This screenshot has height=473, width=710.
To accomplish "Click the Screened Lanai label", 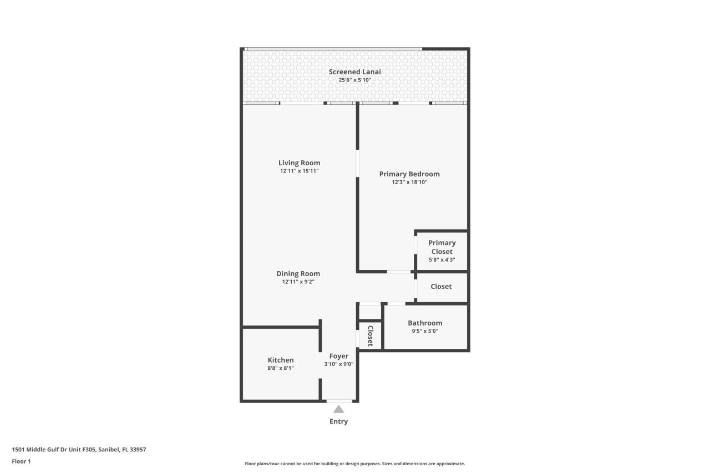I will [354, 72].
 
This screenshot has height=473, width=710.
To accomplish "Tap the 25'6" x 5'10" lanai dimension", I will [354, 80].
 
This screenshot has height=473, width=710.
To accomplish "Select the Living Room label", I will [299, 162].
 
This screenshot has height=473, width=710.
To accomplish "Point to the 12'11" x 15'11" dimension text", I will [299, 171].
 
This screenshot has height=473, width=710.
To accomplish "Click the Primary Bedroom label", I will [409, 174].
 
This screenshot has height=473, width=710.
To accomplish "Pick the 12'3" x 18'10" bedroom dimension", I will [409, 182].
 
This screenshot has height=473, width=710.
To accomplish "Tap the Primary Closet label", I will [442, 247].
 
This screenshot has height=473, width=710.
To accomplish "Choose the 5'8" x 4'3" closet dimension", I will [442, 260].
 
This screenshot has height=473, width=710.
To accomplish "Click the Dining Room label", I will [298, 273].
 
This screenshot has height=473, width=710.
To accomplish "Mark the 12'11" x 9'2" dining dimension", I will [298, 282].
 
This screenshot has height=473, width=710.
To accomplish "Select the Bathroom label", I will [425, 323].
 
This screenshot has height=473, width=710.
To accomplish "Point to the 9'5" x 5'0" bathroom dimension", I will [425, 331].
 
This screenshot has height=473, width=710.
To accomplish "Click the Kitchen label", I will [281, 360].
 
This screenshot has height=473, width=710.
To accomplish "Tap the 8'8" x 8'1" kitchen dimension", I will [281, 368].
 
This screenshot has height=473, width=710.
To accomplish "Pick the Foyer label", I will [338, 356].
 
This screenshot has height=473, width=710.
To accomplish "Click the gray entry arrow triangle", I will [338, 409].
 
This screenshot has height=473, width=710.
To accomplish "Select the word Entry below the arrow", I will [338, 421].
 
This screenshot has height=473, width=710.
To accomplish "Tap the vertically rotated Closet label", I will [370, 336].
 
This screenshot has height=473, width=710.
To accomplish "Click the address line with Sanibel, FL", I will [79, 450].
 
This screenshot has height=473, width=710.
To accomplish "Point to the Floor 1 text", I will [21, 461].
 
